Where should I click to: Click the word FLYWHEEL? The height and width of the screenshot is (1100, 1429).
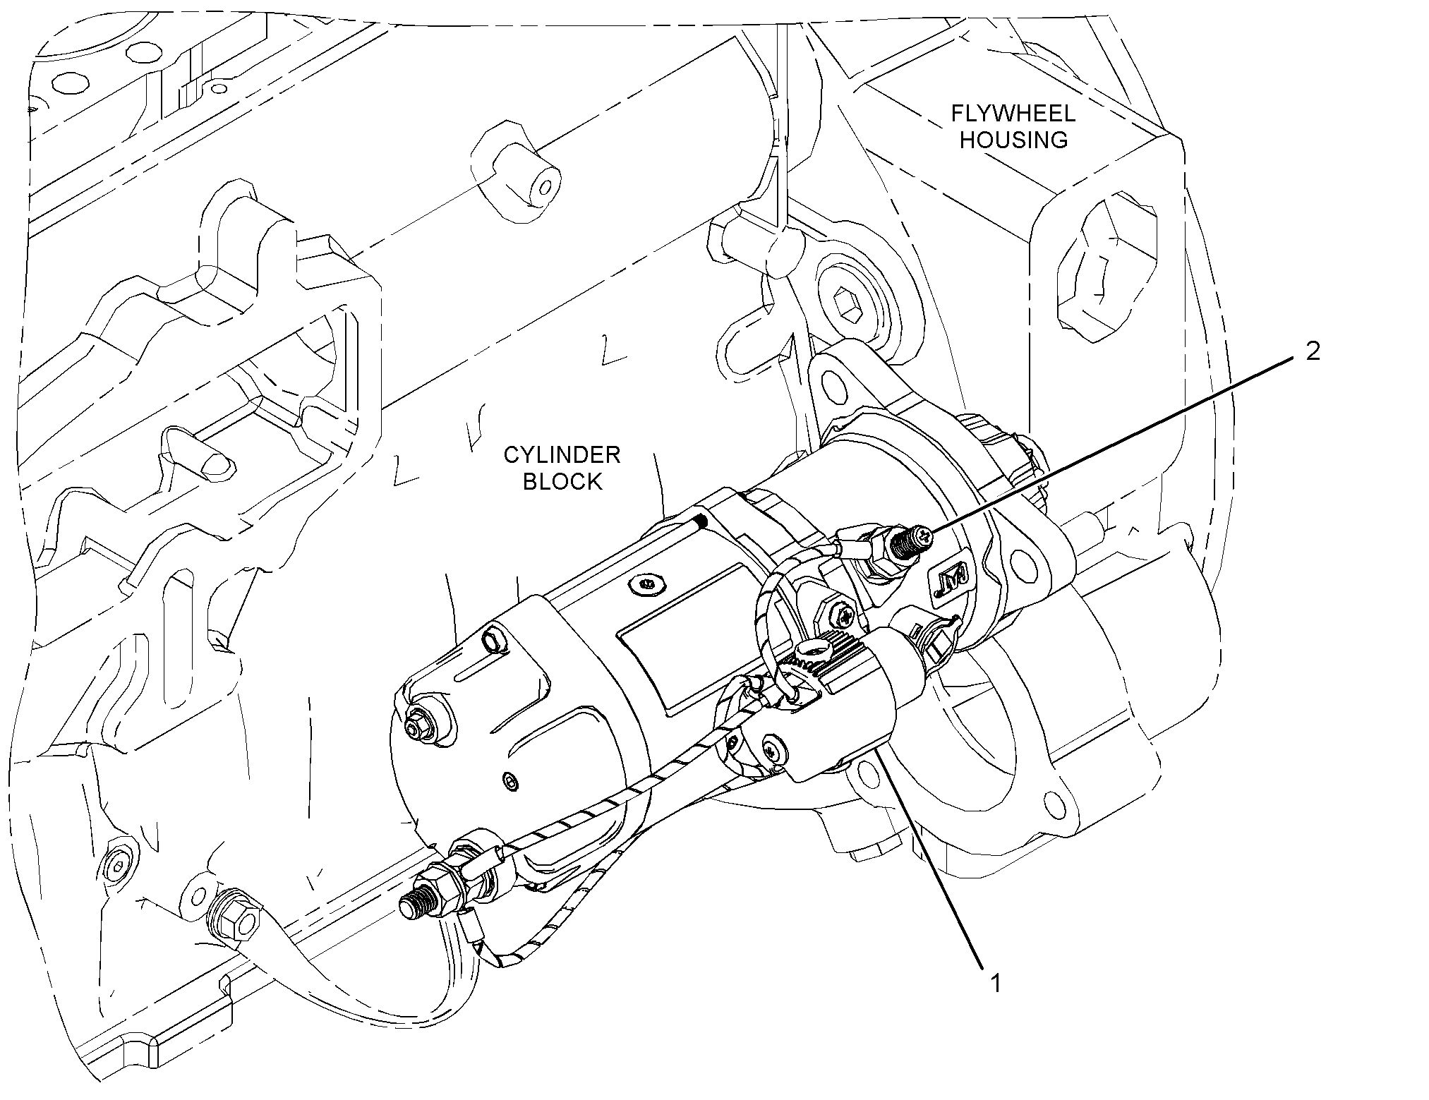tap(1013, 114)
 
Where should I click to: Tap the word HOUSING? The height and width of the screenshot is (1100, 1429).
tap(1013, 140)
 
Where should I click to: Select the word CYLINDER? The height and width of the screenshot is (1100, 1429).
tap(562, 455)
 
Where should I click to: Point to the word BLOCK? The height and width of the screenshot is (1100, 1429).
tap(562, 482)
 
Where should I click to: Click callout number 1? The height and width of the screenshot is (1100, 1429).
tap(996, 983)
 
